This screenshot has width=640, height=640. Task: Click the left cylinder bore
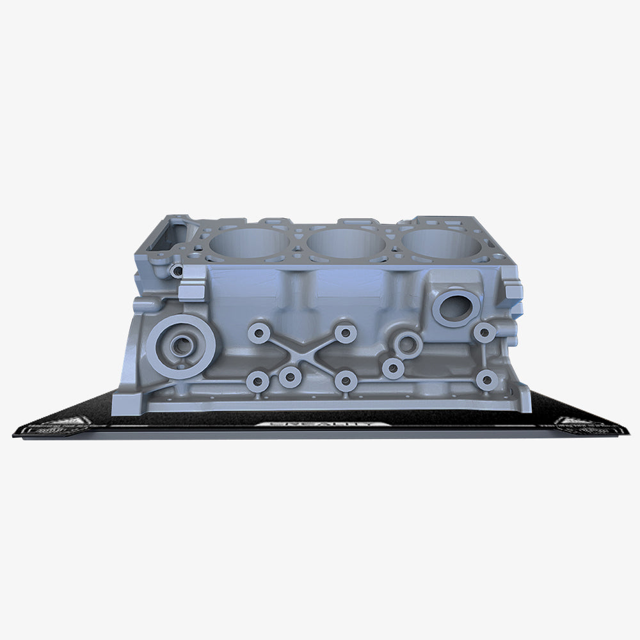249,244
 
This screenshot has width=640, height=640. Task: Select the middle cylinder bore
346,244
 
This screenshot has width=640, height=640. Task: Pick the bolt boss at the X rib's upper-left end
259,333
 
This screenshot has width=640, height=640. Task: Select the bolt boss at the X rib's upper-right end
346,332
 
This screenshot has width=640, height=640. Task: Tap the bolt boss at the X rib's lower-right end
346,381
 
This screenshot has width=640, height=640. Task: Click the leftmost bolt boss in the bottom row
257,382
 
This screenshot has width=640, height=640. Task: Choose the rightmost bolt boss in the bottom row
487,381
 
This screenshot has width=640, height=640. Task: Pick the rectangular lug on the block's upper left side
190,292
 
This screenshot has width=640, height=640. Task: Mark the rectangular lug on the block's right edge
514,292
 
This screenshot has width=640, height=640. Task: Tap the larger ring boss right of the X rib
408,344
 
